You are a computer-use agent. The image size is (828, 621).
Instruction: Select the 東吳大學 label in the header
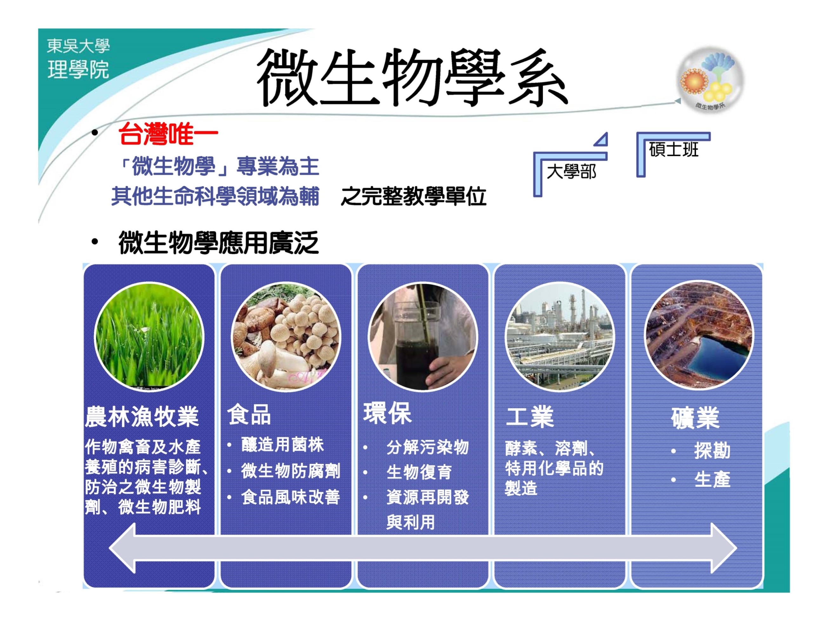[x=78, y=46]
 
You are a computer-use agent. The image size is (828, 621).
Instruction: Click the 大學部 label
[x=571, y=172]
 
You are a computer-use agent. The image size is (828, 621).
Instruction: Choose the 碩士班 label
[x=673, y=150]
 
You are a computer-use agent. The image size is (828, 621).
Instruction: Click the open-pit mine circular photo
[x=699, y=335]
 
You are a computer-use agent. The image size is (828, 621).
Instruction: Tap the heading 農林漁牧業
[x=142, y=416]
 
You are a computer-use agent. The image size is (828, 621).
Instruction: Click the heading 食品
[x=249, y=415]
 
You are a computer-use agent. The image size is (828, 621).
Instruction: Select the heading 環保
[x=387, y=413]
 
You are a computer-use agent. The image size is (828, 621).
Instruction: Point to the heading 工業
[x=530, y=416]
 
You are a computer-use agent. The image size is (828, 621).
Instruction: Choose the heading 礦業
[x=695, y=418]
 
